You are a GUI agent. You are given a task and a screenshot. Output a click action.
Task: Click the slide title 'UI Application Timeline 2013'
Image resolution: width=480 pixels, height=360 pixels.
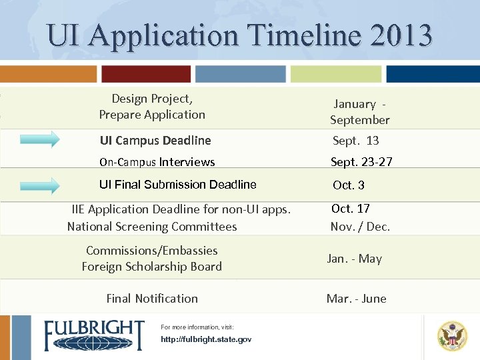pyautogui.click(x=240, y=35)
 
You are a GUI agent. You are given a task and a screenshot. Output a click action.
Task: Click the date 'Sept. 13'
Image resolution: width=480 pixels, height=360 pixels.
pyautogui.click(x=355, y=141)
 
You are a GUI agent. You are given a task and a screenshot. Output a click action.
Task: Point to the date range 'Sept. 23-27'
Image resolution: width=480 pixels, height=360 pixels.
pyautogui.click(x=362, y=162)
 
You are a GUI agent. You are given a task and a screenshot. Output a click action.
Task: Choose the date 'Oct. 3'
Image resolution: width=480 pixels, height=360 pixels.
pyautogui.click(x=349, y=185)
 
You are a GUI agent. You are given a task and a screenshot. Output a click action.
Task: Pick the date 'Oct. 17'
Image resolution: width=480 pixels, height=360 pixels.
pyautogui.click(x=351, y=209)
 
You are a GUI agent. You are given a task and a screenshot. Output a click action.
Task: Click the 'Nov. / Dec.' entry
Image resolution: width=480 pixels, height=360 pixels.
pyautogui.click(x=360, y=227)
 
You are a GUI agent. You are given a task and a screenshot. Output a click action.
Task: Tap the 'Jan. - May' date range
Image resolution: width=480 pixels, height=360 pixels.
pyautogui.click(x=354, y=259)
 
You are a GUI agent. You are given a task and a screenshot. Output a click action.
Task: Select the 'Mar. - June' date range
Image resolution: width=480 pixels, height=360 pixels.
pyautogui.click(x=356, y=299)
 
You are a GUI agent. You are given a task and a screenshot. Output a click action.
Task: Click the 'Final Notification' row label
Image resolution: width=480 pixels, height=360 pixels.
pyautogui.click(x=152, y=299)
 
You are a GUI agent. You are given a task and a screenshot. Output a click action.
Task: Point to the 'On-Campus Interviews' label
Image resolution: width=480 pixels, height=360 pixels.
pyautogui.click(x=157, y=162)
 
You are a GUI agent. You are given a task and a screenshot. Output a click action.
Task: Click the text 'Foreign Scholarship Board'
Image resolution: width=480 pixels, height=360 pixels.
pyautogui.click(x=151, y=267)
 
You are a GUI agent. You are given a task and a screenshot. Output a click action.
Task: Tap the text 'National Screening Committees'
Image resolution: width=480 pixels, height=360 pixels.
pyautogui.click(x=152, y=227)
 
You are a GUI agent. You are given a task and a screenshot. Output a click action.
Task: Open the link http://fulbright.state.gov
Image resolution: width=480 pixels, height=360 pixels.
pyautogui.click(x=206, y=339)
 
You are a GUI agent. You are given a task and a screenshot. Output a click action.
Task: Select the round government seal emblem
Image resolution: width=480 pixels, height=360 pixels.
pyautogui.click(x=452, y=336)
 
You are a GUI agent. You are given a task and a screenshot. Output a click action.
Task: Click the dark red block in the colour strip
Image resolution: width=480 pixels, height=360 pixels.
pyautogui.click(x=146, y=73)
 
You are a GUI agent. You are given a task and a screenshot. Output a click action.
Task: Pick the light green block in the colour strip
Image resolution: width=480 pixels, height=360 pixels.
pyautogui.click(x=336, y=73)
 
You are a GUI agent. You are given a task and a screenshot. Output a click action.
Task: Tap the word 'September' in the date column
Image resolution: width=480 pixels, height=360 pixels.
pyautogui.click(x=359, y=120)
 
